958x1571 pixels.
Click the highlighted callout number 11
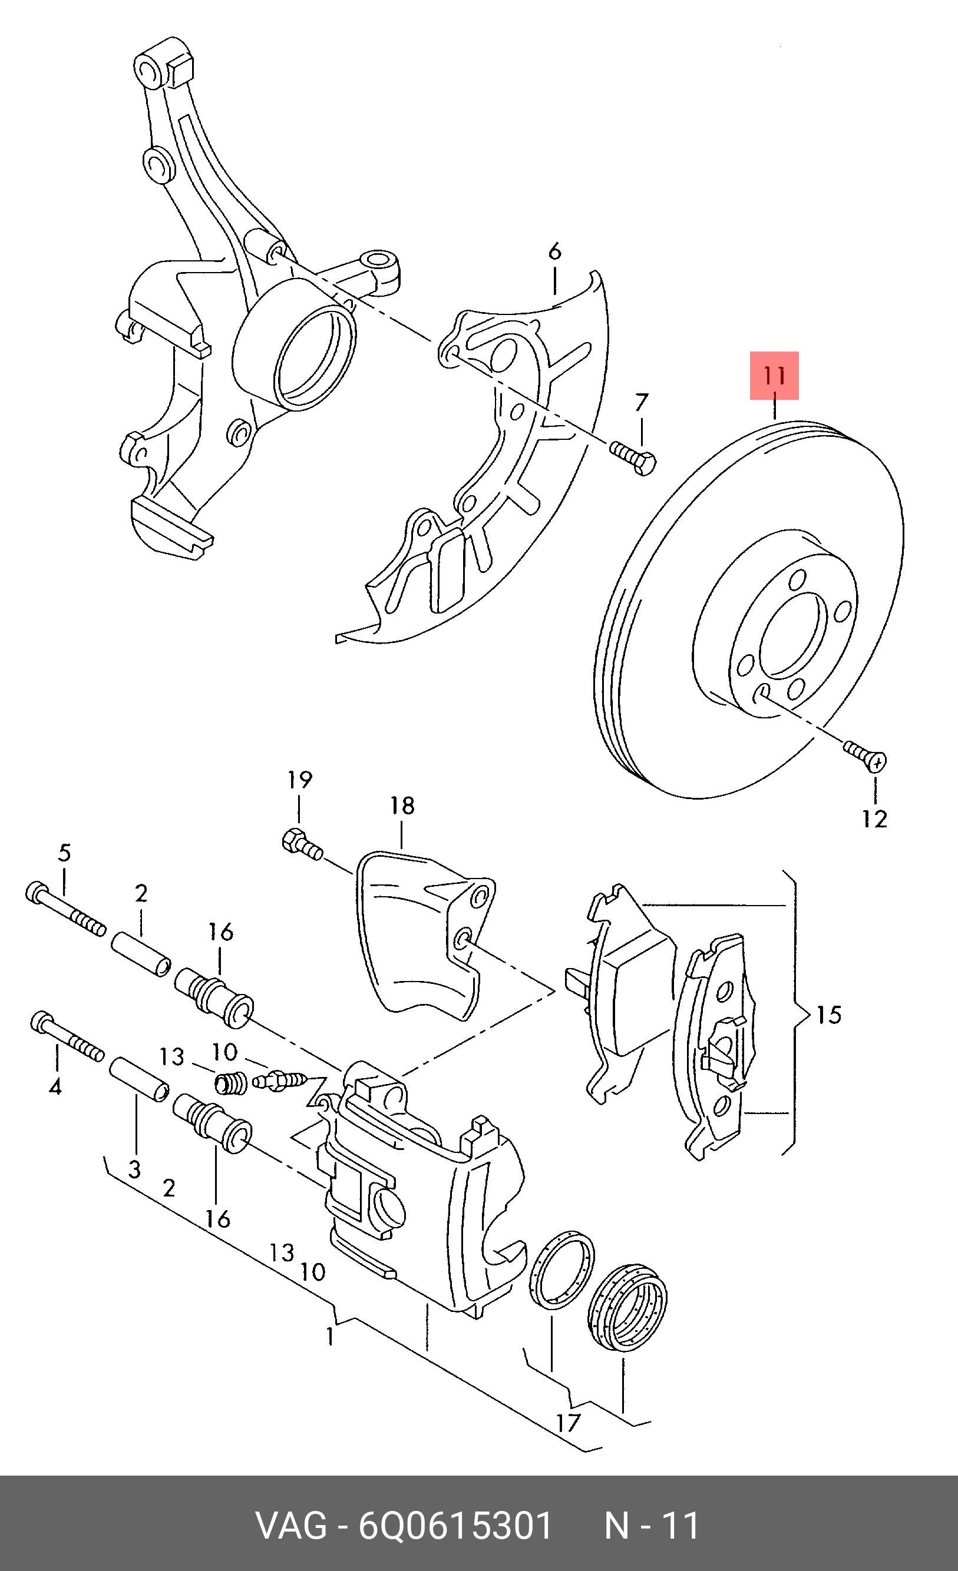tap(774, 376)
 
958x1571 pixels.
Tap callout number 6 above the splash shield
tap(555, 251)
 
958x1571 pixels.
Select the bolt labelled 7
tap(633, 457)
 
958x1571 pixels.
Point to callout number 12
tap(874, 819)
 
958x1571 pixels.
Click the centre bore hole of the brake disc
tap(792, 634)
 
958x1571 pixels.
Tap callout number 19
tap(300, 780)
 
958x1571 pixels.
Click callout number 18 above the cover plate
tap(402, 806)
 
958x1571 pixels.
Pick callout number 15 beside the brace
tap(829, 1015)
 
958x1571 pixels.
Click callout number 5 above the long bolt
tap(64, 853)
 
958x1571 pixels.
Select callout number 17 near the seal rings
tap(567, 1423)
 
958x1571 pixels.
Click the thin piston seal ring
tap(562, 1270)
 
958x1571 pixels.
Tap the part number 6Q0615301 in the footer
tap(455, 1526)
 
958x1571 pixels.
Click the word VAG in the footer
tap(291, 1526)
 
